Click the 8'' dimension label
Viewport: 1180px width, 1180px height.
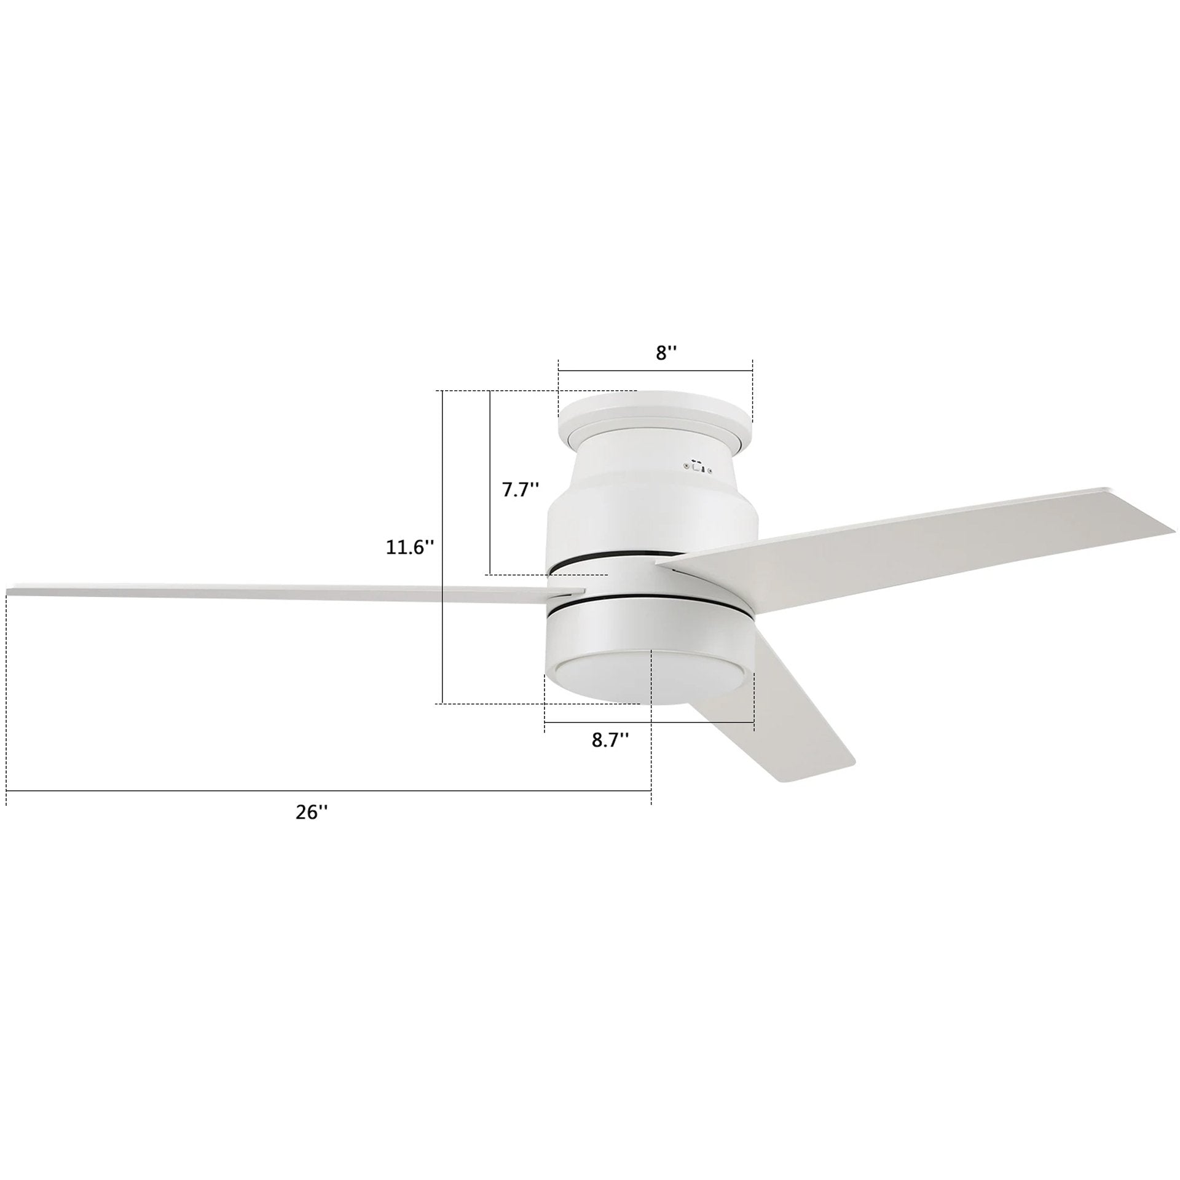[666, 353]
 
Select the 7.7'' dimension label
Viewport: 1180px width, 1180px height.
[521, 490]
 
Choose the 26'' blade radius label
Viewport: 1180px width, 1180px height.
[312, 812]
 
